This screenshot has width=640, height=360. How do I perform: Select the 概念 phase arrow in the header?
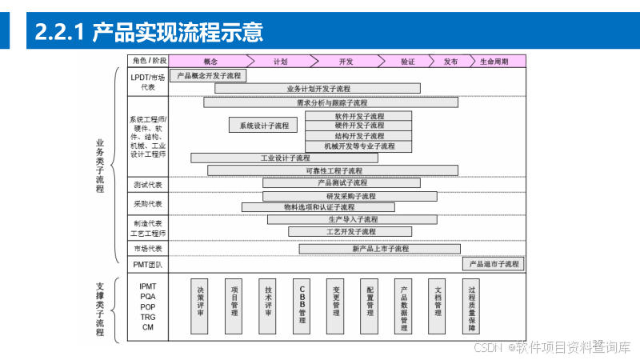click(x=210, y=61)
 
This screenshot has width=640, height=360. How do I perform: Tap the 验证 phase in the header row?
click(x=407, y=61)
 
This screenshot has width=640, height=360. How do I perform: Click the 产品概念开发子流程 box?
click(x=208, y=75)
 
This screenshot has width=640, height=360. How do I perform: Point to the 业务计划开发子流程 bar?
click(x=318, y=88)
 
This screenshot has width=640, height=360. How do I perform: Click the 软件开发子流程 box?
click(x=358, y=116)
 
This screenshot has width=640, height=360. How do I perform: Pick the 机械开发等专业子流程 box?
click(x=358, y=146)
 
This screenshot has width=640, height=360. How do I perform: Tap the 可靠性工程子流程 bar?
click(x=333, y=170)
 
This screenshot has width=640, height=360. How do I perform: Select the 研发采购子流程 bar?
click(x=350, y=196)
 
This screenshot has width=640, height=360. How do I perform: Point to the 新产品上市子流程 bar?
click(x=380, y=249)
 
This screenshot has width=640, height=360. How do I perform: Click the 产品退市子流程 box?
click(x=494, y=263)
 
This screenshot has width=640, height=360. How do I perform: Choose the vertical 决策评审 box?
click(x=201, y=306)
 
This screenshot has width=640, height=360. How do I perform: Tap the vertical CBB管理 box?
click(x=302, y=306)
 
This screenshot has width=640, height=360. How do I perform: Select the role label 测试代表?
click(x=148, y=184)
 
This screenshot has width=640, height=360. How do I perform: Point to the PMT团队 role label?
click(x=147, y=264)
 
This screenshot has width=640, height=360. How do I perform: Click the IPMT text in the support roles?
click(x=148, y=286)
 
